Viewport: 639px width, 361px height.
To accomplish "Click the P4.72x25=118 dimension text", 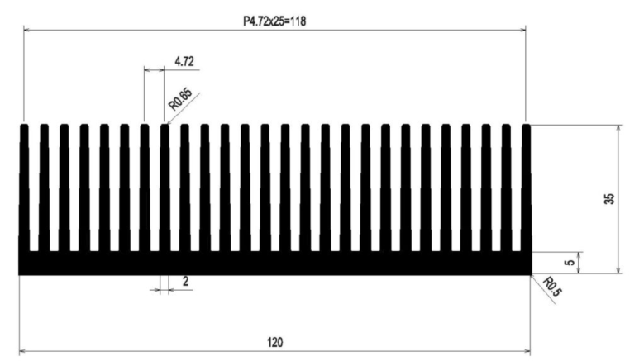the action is pos(274,21).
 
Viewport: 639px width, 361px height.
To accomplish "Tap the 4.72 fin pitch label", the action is pos(184,61).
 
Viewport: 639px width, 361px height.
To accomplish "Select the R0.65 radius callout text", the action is pos(180,99).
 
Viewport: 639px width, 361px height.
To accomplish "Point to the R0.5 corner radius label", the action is pos(552,287).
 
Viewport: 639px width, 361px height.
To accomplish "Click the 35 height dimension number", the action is pos(609,199).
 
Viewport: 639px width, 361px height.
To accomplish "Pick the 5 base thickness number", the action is pos(570,263).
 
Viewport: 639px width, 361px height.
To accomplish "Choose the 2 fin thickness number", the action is pos(186,281).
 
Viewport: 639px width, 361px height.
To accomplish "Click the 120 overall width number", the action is pos(275,342).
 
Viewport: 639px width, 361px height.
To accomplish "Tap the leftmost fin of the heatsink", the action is pos(24,188).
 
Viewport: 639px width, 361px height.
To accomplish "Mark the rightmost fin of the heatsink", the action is pos(526,188).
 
